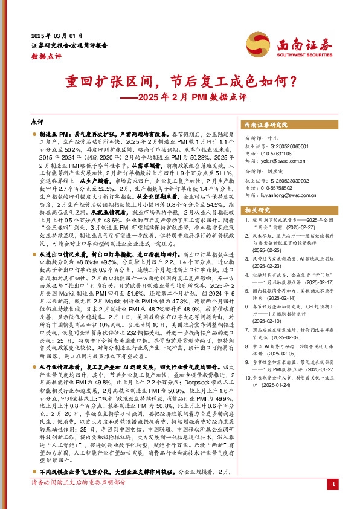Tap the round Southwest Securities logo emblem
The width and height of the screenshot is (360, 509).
[x=254, y=44]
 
